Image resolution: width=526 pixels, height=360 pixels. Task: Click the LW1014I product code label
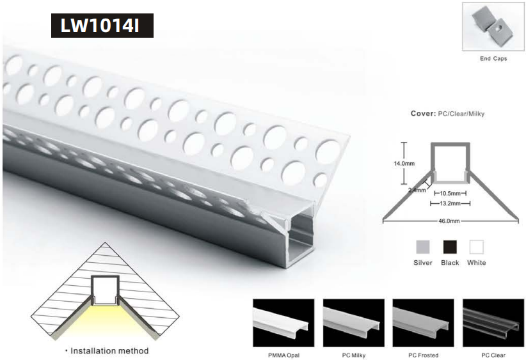(x=102, y=26)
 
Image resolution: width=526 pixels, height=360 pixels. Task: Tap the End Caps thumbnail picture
(x=493, y=27)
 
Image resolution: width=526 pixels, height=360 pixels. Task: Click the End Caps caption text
(x=493, y=58)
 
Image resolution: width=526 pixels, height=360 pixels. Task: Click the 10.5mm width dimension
(x=450, y=193)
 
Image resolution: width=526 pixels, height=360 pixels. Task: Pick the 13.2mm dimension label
(x=450, y=204)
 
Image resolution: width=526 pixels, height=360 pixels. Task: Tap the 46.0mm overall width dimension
(x=450, y=221)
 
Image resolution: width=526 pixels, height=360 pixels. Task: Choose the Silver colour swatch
(x=423, y=247)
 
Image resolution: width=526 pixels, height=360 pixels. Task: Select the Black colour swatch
(x=450, y=247)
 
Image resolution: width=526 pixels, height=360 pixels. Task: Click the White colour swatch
(x=477, y=247)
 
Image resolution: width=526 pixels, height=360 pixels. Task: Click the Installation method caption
(x=106, y=350)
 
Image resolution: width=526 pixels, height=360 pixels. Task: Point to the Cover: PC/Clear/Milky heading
(x=447, y=113)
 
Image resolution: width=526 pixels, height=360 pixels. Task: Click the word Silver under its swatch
(x=423, y=263)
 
